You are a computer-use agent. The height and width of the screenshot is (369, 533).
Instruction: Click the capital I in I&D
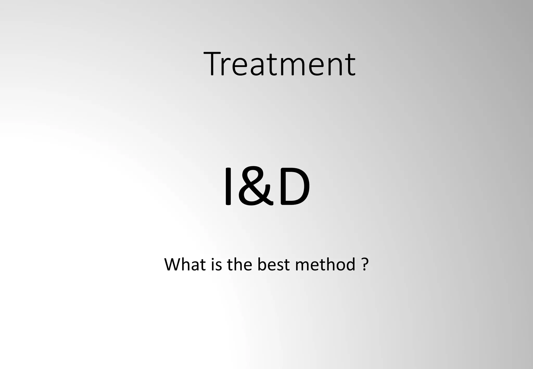click(228, 186)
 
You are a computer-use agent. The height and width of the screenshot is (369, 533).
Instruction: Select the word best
click(273, 264)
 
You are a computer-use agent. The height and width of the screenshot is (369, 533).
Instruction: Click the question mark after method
click(365, 264)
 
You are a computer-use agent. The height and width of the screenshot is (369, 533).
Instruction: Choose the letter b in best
click(262, 264)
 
